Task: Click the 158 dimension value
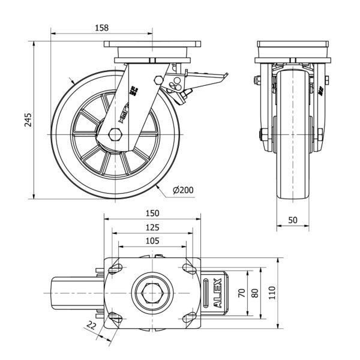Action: click(102, 27)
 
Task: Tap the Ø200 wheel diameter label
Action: click(182, 190)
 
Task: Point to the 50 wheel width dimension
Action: click(293, 220)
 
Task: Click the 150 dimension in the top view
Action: click(152, 213)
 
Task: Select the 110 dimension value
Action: click(272, 293)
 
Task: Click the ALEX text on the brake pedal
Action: click(217, 293)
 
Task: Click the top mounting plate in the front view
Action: click(293, 45)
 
